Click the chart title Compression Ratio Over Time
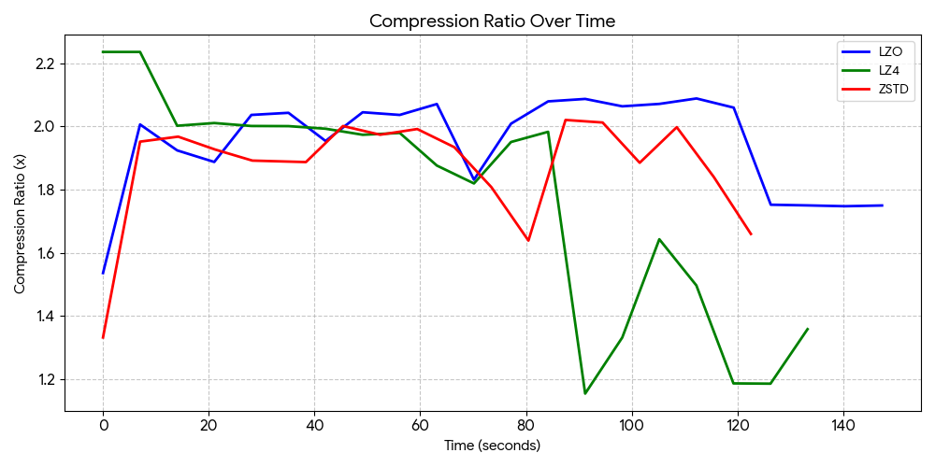click(x=492, y=21)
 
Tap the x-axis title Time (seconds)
click(x=492, y=446)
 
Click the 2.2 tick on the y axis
click(x=44, y=64)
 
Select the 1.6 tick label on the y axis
click(x=44, y=253)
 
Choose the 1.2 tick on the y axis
click(x=44, y=379)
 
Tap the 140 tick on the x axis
click(x=844, y=425)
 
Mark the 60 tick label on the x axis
click(x=421, y=425)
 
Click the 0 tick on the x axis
click(x=103, y=425)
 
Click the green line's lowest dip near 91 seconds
click(x=585, y=393)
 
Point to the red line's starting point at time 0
click(x=103, y=337)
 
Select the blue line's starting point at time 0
click(x=103, y=273)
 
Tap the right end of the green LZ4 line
click(x=808, y=329)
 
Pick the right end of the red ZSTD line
click(x=751, y=234)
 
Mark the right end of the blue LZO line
click(x=882, y=205)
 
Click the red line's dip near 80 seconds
click(x=528, y=241)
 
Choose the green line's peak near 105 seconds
click(x=659, y=239)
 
